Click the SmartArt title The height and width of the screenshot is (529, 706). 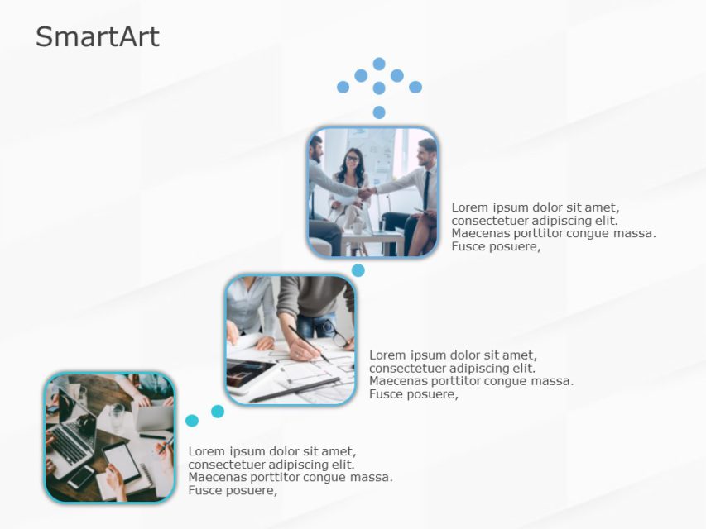click(x=97, y=37)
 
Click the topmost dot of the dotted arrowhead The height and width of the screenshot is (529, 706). click(x=379, y=64)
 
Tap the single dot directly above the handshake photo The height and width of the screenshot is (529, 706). click(x=379, y=112)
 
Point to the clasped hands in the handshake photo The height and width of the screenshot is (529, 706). click(x=365, y=192)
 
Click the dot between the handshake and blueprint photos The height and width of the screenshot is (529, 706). click(x=358, y=270)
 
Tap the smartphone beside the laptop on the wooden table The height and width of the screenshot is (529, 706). click(x=82, y=476)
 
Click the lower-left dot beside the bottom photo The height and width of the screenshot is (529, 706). click(x=192, y=421)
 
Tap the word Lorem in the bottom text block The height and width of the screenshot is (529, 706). click(x=206, y=451)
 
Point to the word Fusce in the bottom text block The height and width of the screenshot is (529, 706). click(x=206, y=490)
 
